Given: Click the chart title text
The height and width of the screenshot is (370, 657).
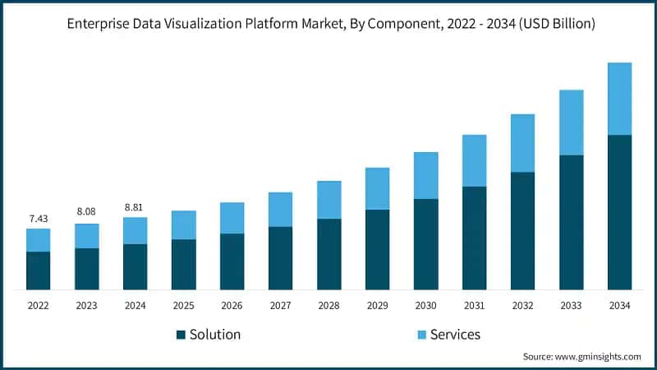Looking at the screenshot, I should point(328,25).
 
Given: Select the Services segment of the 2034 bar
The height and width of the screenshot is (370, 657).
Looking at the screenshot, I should point(619,99).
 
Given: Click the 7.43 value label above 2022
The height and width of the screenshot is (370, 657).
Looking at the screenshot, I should point(38,218).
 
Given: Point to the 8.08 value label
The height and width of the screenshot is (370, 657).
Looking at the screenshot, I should point(86,212).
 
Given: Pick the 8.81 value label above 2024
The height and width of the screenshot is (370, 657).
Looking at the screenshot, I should point(135,206).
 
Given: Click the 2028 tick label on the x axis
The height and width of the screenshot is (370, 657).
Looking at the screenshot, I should point(328,305).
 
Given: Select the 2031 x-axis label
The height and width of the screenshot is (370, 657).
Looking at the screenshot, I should point(474,305).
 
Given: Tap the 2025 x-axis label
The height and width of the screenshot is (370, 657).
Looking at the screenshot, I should point(183,305).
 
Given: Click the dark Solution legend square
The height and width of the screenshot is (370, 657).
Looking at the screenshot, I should point(181,335).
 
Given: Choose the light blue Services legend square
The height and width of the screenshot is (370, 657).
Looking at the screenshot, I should point(420,335).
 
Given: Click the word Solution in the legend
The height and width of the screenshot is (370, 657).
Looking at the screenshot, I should point(215,335).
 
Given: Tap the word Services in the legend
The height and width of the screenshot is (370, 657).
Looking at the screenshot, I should point(455,335).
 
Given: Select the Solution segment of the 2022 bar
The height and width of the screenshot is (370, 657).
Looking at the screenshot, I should point(38,271).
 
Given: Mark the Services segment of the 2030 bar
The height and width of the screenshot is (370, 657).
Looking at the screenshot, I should point(425,175).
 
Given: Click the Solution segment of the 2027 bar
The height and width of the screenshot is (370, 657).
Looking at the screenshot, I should point(280,258).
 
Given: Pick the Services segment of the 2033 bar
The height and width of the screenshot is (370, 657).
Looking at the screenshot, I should point(571,123).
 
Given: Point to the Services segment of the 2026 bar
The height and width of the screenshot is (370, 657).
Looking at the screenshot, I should point(232,218).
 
